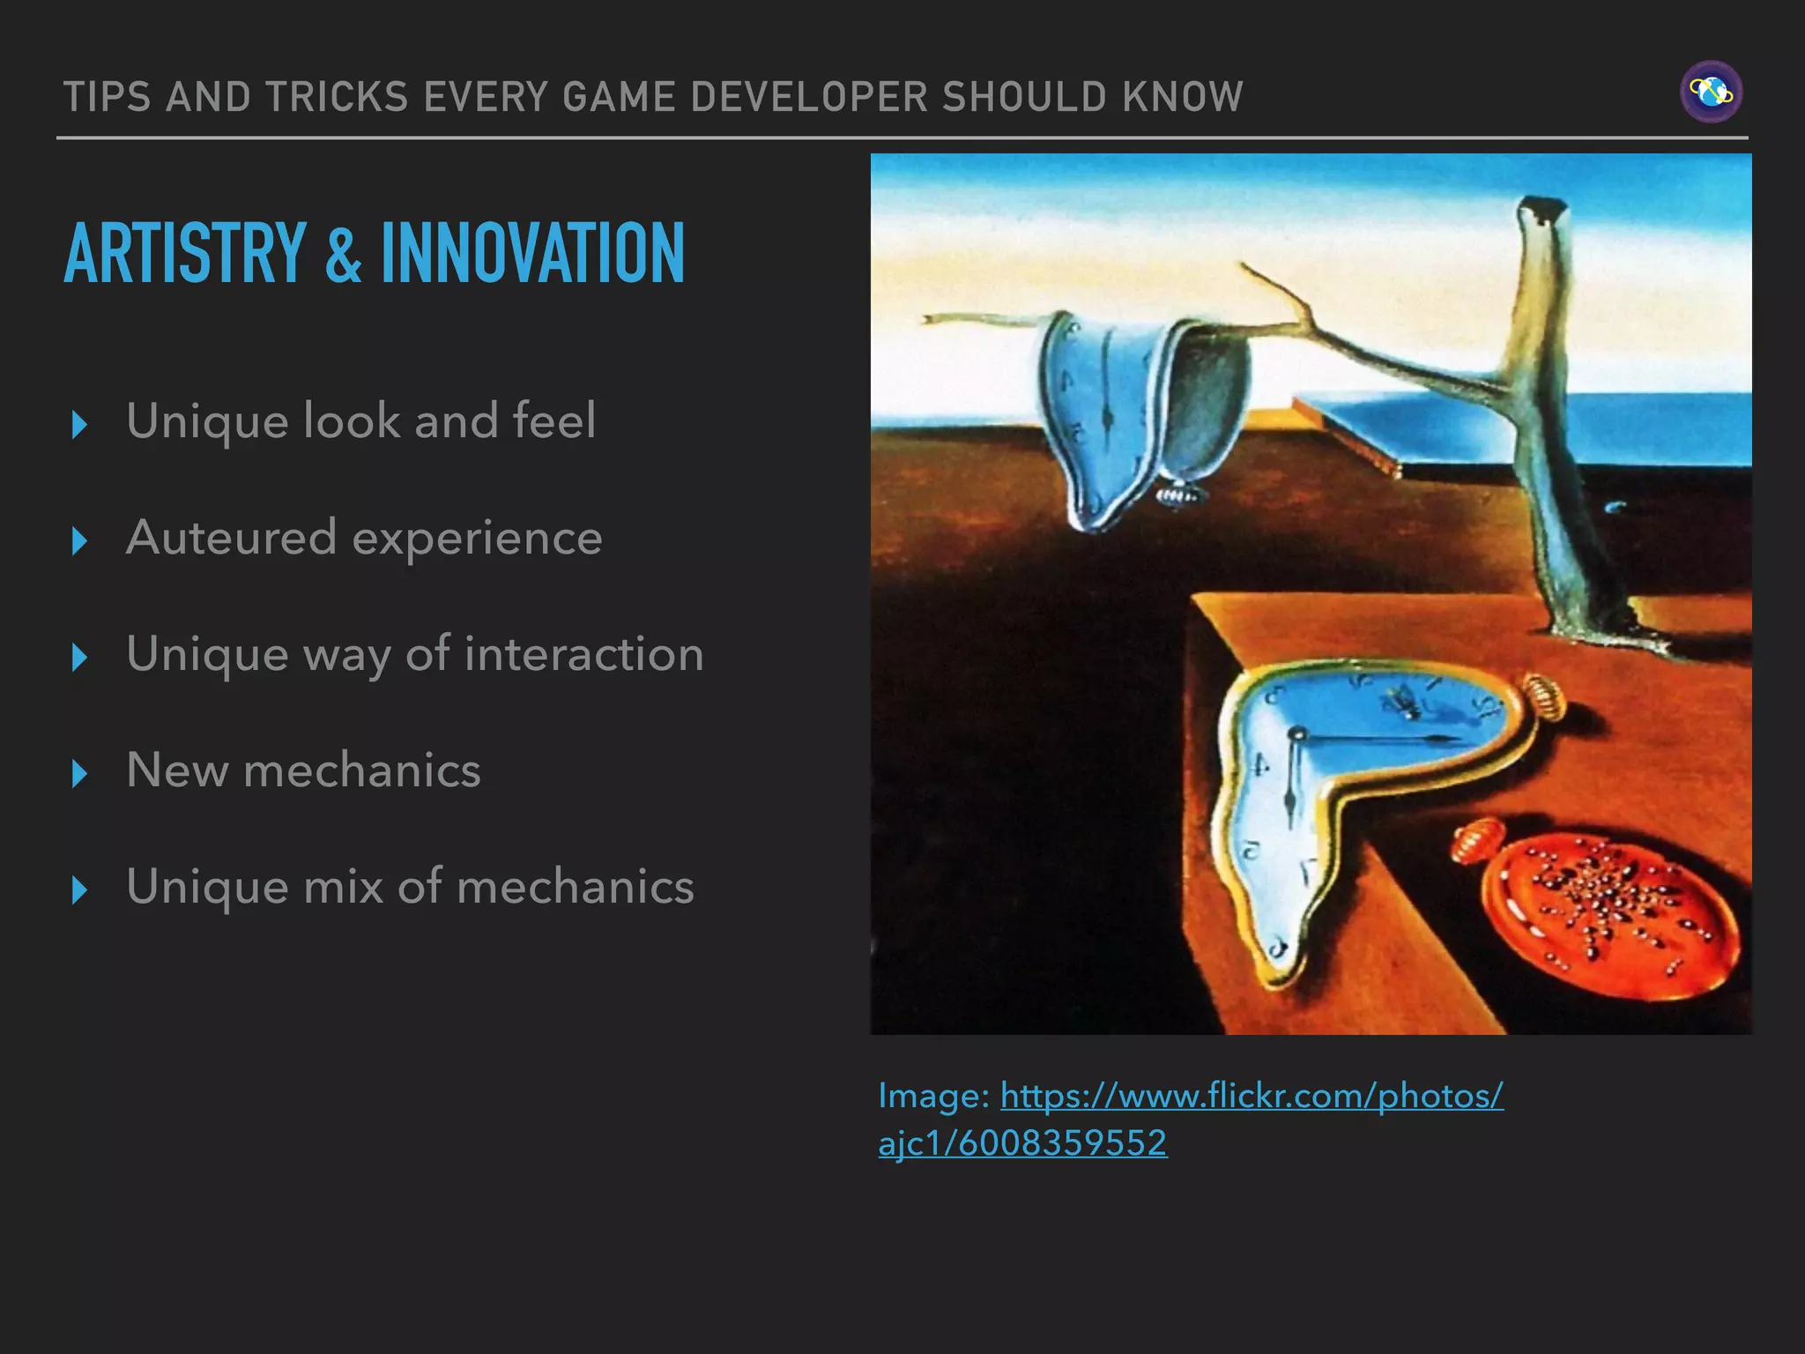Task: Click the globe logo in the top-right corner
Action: (x=1711, y=92)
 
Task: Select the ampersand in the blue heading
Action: (x=343, y=256)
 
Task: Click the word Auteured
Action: (x=231, y=538)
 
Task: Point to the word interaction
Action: (x=583, y=654)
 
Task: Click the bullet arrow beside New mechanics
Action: (x=79, y=773)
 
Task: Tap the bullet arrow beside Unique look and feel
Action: (x=79, y=424)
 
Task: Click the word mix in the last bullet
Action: (x=343, y=887)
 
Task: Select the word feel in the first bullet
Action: (x=553, y=420)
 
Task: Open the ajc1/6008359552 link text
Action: (x=1022, y=1143)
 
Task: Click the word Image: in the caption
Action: (x=934, y=1097)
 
